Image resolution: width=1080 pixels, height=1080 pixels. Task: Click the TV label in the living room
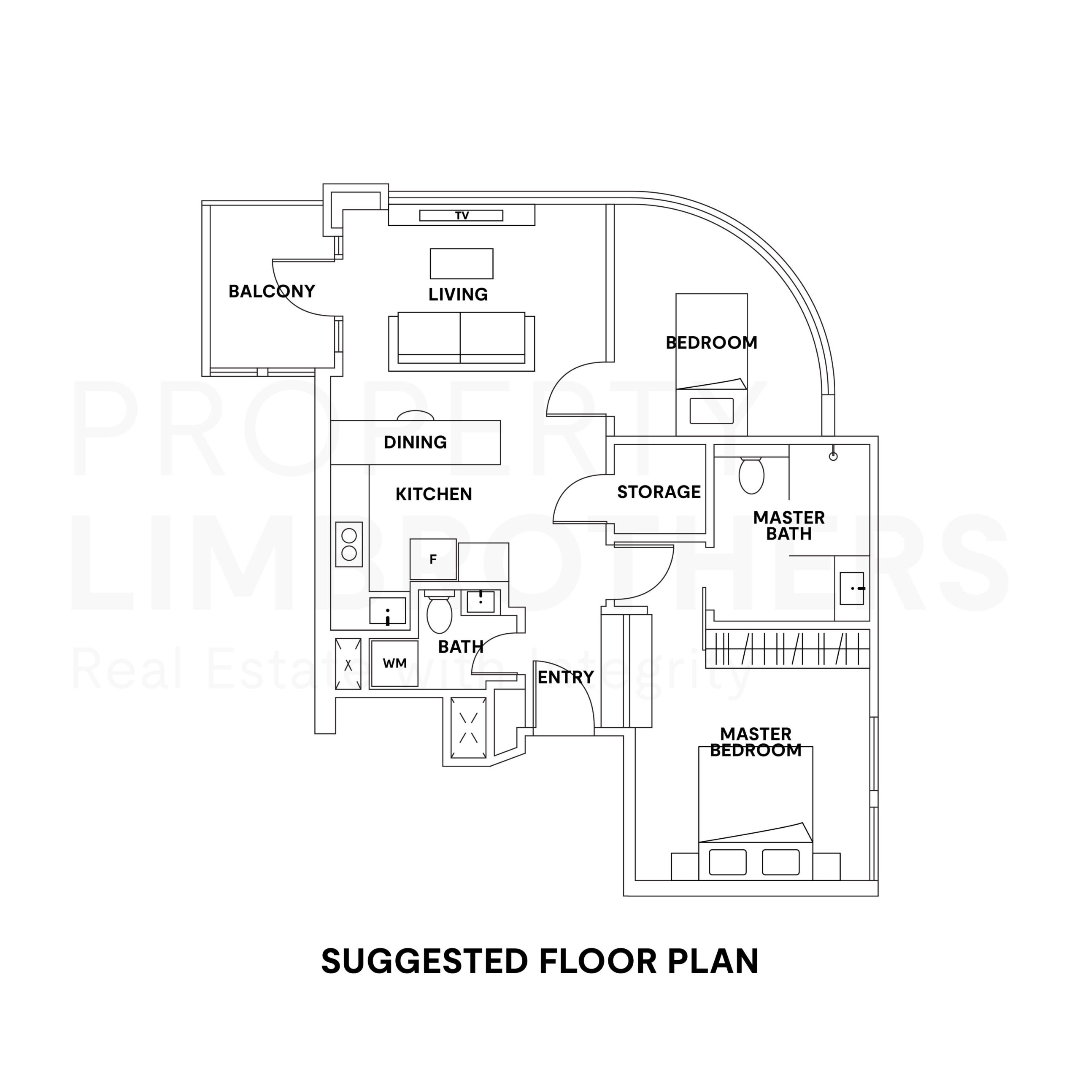[462, 216]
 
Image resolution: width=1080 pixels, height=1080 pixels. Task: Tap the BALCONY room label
[272, 291]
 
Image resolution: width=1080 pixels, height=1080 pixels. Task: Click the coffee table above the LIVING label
[462, 264]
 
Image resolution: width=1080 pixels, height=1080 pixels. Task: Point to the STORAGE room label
[659, 492]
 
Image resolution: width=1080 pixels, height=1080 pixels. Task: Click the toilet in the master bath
[751, 475]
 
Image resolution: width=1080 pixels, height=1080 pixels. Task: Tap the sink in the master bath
[852, 588]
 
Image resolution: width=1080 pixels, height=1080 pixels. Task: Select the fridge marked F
[433, 559]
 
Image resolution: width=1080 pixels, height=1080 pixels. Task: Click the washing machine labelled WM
[394, 664]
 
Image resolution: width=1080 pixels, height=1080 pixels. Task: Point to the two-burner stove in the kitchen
[349, 545]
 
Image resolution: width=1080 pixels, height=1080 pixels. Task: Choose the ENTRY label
[566, 678]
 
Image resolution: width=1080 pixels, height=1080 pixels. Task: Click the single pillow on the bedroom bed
[712, 411]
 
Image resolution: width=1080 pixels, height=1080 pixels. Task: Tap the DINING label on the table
[416, 442]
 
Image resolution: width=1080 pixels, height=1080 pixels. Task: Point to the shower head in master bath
[833, 456]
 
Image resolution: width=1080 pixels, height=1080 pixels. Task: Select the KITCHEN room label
[434, 494]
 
